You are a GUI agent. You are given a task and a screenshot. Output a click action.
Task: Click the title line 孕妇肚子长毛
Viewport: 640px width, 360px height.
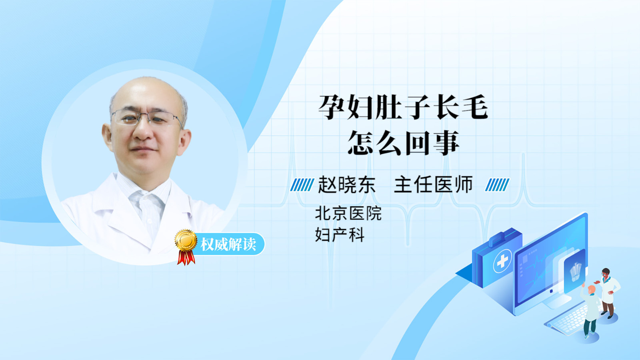point(403,107)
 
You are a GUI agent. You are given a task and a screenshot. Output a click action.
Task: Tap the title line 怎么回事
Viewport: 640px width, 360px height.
point(404,143)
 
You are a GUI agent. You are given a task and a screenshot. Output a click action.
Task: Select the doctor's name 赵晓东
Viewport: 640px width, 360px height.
point(346,185)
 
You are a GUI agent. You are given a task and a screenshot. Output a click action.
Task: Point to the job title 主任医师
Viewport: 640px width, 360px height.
point(433,185)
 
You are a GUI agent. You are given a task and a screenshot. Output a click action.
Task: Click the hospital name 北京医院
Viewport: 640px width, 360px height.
point(348,214)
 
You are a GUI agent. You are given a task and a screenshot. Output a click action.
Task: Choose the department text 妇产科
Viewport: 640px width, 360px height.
point(340,235)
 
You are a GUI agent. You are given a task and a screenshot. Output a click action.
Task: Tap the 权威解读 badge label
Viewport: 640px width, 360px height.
point(228,244)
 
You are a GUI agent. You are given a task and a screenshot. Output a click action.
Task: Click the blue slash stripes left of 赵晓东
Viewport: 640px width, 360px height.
point(302,185)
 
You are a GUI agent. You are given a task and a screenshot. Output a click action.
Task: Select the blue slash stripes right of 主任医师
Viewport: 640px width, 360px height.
point(497,185)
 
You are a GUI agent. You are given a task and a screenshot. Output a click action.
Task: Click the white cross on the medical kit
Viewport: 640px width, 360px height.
point(502,261)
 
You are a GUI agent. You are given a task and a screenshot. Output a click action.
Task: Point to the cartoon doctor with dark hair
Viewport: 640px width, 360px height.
point(608,293)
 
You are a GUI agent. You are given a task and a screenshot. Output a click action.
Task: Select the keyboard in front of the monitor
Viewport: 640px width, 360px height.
point(568,320)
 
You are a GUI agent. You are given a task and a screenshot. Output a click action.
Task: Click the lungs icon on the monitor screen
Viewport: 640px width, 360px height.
point(575,272)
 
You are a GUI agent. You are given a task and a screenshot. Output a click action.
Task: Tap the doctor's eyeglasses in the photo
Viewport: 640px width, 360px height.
point(146,118)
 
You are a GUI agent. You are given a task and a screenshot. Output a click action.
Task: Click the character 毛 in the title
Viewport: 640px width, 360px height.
point(474,107)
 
